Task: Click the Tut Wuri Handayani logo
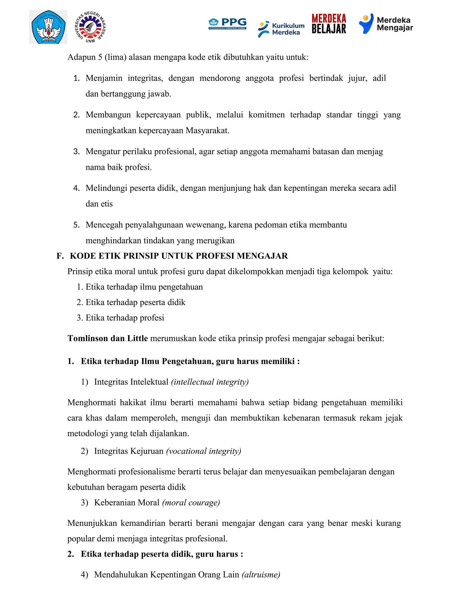48,27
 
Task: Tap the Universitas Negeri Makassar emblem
90,27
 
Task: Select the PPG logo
227,24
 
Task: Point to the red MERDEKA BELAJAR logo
329,24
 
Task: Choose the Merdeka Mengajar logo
386,24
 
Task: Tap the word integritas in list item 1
145,78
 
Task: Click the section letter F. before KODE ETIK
60,256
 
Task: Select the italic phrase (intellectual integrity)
210,382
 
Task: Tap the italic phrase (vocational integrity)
204,451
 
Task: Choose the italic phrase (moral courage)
191,502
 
